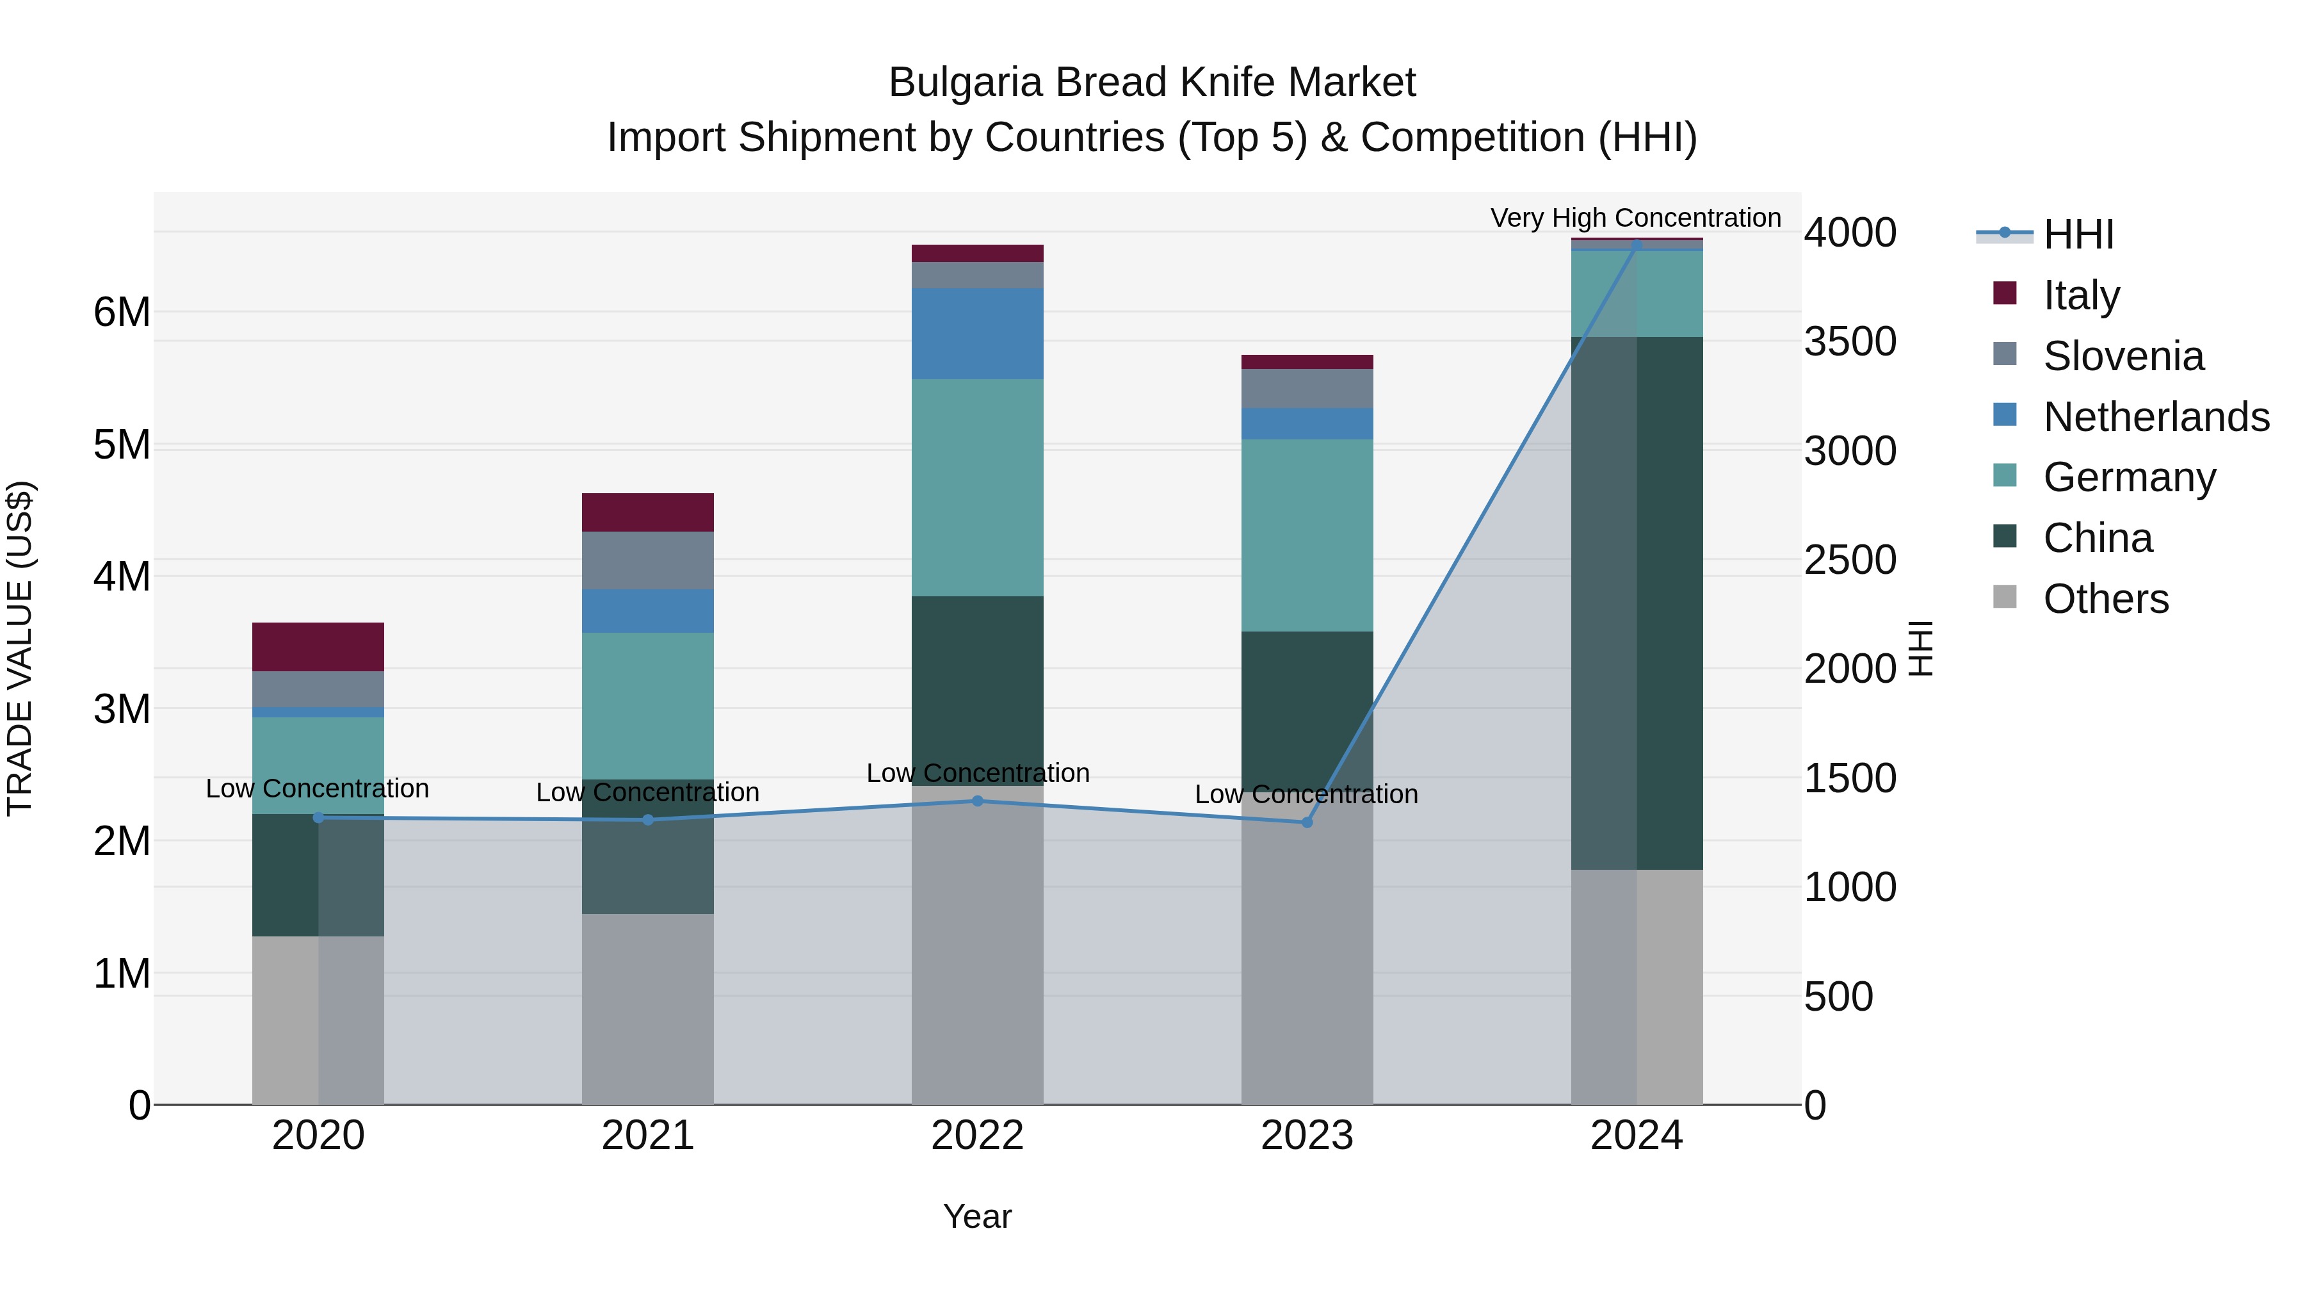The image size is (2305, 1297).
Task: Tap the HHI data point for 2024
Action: [x=1637, y=245]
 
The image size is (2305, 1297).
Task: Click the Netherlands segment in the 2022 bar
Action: [x=977, y=333]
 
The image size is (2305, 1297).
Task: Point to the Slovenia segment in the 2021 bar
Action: [x=648, y=560]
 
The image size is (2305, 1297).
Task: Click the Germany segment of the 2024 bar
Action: [x=1637, y=293]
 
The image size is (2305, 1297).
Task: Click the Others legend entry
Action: [x=2105, y=599]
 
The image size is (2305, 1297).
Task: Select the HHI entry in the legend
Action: [x=2078, y=234]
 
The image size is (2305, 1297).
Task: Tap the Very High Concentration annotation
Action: [x=1635, y=218]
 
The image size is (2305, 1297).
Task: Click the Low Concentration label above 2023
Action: [x=1306, y=794]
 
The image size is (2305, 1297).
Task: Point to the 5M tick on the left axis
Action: [x=122, y=445]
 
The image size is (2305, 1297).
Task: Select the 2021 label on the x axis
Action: [x=648, y=1136]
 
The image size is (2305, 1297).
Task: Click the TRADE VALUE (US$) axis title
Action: [x=20, y=648]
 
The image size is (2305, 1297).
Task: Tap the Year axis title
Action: [x=977, y=1216]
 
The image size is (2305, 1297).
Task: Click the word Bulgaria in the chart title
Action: [x=966, y=83]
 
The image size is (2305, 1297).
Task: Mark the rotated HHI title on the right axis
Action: [x=1921, y=648]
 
